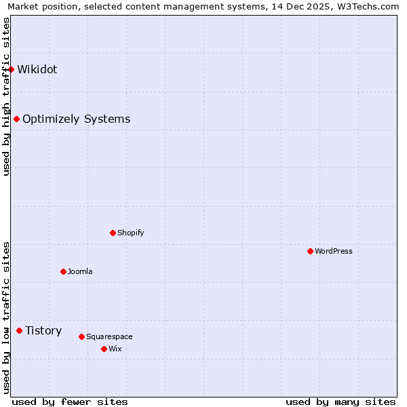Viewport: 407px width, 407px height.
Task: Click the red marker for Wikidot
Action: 12,69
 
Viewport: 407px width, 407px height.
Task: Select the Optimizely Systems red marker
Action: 17,119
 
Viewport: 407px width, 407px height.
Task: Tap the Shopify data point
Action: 113,233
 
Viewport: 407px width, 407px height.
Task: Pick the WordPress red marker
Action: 310,251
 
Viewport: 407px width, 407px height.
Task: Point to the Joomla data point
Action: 63,271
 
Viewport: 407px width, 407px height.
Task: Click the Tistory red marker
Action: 20,331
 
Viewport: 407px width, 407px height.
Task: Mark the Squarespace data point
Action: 81,336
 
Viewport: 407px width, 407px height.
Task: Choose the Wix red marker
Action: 104,349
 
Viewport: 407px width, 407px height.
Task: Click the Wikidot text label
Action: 37,69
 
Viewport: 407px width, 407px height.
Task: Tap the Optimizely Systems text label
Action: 76,119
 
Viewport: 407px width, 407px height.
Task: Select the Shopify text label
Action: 130,233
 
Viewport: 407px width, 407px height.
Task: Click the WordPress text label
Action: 333,251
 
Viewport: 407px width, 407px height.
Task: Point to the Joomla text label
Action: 80,271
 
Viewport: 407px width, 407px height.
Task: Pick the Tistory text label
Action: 43,331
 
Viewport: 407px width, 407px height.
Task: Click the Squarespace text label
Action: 109,336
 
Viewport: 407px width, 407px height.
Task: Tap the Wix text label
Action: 115,349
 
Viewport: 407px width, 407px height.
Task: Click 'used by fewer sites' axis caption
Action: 70,402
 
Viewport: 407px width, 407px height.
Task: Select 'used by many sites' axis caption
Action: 341,402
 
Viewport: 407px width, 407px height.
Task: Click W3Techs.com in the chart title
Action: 371,7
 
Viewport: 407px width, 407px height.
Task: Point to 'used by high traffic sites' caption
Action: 7,96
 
